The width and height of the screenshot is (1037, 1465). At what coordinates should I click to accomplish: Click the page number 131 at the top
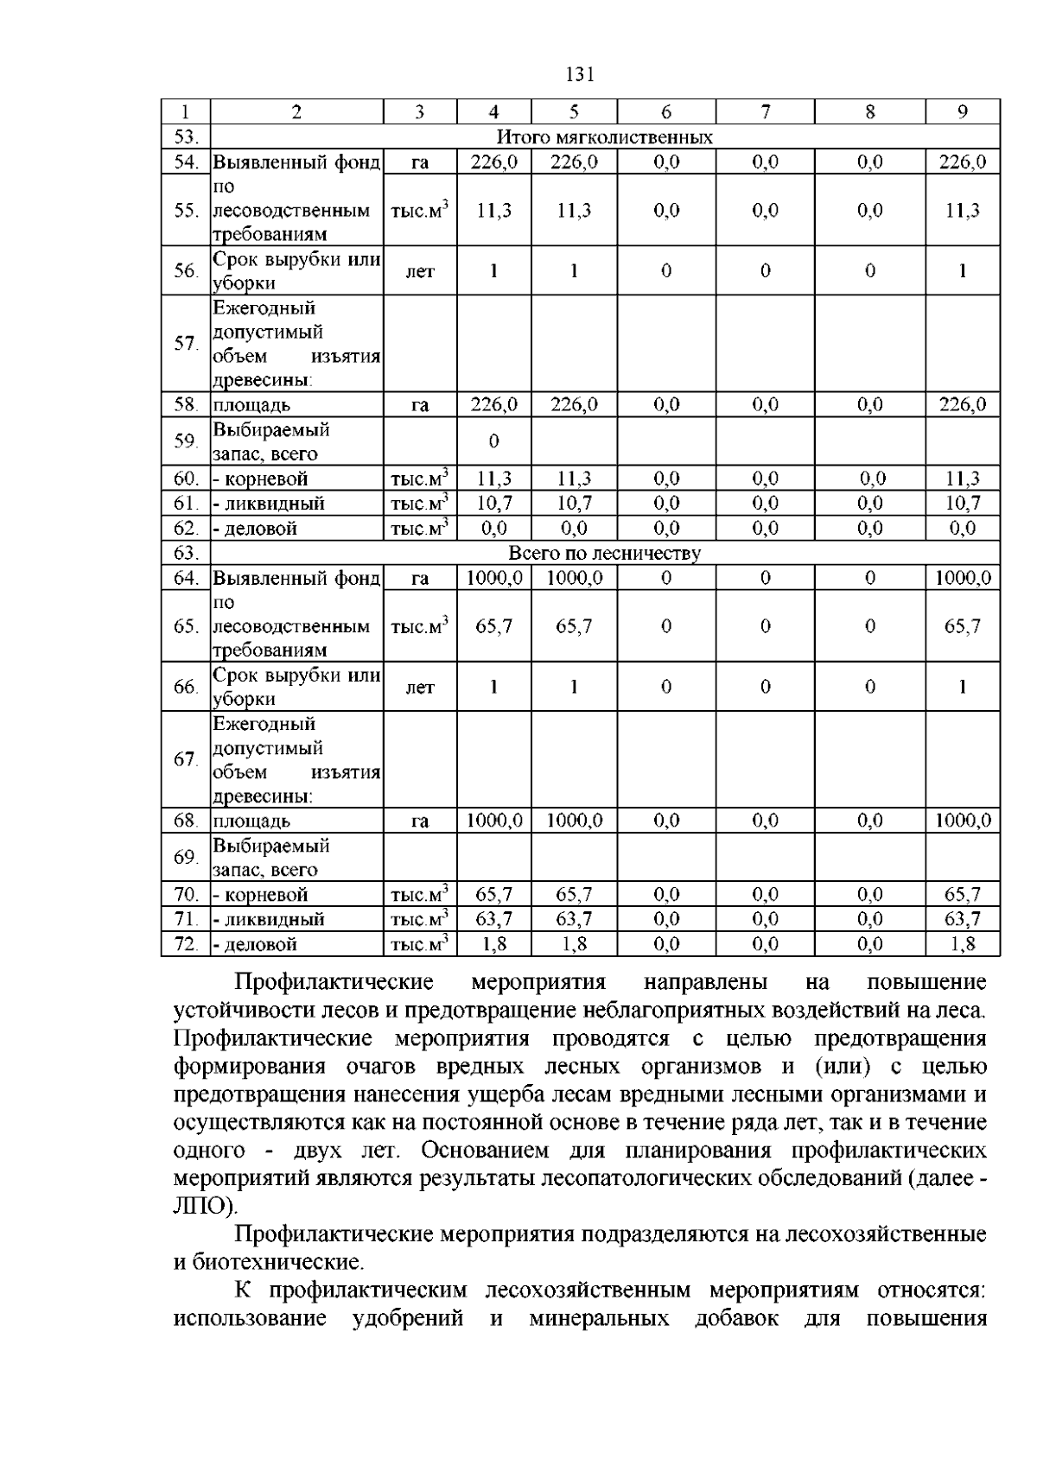tap(580, 75)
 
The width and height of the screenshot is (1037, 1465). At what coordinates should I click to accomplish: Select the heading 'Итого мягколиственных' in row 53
tap(604, 137)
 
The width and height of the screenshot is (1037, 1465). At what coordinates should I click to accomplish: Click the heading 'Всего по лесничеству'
tap(604, 553)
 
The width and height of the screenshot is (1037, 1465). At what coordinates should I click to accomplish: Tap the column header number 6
tap(666, 111)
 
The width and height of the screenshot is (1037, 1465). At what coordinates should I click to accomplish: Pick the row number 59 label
tap(186, 441)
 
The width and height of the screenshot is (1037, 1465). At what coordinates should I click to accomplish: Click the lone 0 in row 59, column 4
tap(493, 441)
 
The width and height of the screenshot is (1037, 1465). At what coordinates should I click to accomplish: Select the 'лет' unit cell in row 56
tap(420, 271)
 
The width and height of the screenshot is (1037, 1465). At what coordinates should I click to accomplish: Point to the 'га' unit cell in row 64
tap(420, 578)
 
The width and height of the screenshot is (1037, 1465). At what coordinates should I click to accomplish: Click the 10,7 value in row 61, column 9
tap(962, 504)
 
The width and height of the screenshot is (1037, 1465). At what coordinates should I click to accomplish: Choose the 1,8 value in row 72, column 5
tap(574, 944)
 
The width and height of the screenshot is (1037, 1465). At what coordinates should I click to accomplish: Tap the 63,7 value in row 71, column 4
tap(493, 919)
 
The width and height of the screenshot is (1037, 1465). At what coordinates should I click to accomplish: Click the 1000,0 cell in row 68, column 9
tap(962, 821)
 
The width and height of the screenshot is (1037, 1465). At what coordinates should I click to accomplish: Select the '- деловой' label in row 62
tap(255, 529)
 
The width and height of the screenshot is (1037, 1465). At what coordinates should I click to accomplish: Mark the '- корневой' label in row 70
tap(260, 895)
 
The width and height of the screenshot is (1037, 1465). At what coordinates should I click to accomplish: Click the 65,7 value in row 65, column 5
tap(574, 626)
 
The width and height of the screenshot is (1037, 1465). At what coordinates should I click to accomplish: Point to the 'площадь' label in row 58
tap(251, 405)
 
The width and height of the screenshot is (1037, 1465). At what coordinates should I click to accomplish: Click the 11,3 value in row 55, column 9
tap(962, 211)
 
